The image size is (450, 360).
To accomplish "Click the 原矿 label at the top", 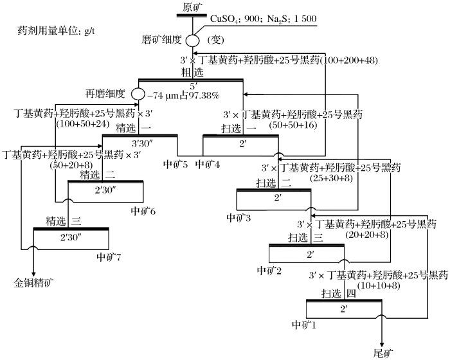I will click(x=192, y=8).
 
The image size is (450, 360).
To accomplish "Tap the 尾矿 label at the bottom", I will click(x=383, y=352).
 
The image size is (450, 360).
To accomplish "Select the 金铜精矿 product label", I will click(x=35, y=282).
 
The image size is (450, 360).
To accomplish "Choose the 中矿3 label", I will click(x=239, y=218).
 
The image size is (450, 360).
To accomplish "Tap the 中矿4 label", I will click(x=208, y=164).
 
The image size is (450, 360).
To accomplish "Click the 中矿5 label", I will click(x=175, y=164).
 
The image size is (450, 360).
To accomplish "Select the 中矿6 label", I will click(x=143, y=210).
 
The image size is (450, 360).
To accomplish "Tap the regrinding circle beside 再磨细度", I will click(x=138, y=94).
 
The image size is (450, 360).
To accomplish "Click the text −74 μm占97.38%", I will click(x=183, y=95).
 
